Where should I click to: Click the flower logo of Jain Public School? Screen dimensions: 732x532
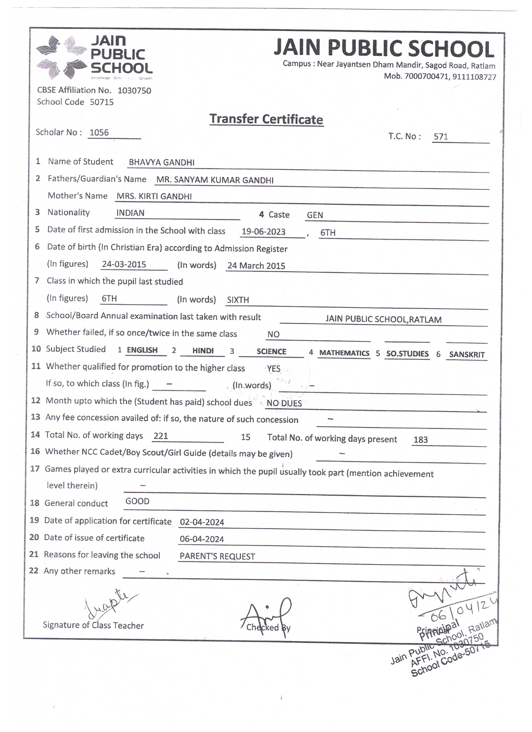tap(62, 57)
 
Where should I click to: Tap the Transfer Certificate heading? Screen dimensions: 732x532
tap(266, 119)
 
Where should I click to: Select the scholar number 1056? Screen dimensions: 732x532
tap(99, 132)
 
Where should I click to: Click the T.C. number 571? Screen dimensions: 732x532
tap(441, 136)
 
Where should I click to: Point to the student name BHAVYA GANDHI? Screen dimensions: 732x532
tap(162, 162)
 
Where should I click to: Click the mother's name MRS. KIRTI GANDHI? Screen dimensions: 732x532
tap(154, 196)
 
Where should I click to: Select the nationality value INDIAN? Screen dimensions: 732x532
tap(130, 213)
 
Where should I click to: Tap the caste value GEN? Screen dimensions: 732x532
tap(315, 215)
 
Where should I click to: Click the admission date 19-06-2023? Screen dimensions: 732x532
tap(263, 232)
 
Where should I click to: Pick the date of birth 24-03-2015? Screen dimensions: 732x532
tap(124, 265)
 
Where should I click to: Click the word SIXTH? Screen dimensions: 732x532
tap(238, 300)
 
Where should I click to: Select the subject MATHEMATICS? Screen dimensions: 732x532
tap(344, 353)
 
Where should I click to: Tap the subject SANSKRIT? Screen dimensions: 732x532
tap(466, 355)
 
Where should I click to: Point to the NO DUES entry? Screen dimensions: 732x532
tap(284, 403)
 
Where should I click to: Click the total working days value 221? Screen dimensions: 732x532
tap(161, 436)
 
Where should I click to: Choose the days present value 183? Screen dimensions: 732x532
tap(421, 440)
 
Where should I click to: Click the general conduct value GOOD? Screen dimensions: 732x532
tap(137, 501)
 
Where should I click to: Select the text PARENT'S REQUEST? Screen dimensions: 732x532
tap(217, 556)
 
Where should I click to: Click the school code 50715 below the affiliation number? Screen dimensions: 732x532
tap(102, 102)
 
